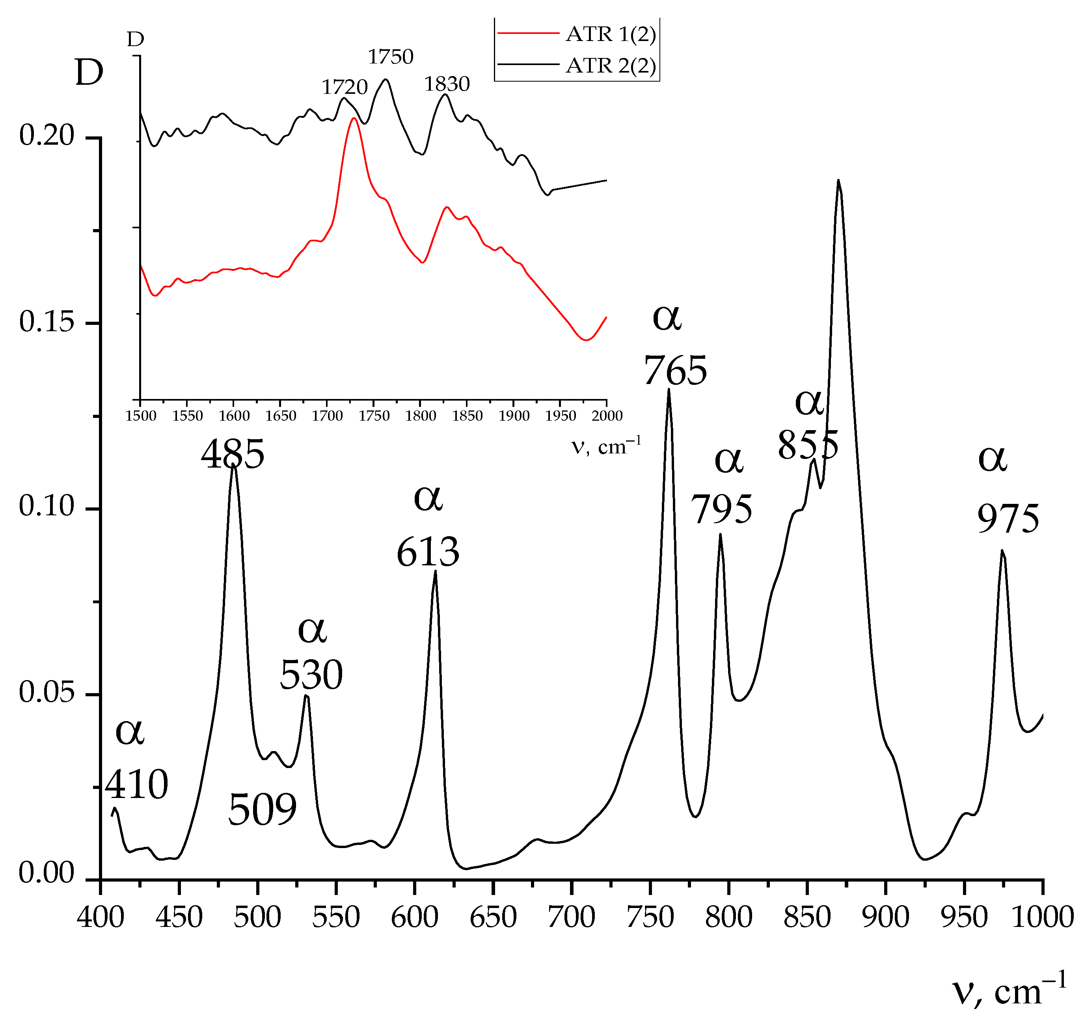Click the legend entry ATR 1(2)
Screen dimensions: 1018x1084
pyautogui.click(x=610, y=34)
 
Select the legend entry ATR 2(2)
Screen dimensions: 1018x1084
pyautogui.click(x=610, y=66)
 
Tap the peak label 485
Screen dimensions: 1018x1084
pyautogui.click(x=233, y=454)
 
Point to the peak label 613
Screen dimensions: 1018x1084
pyautogui.click(x=428, y=552)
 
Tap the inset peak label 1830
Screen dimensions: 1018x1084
pyautogui.click(x=447, y=84)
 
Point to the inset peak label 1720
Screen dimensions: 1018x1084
pyautogui.click(x=345, y=87)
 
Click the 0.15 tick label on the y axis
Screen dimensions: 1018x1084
pyautogui.click(x=47, y=322)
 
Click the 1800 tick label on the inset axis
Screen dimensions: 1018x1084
pyautogui.click(x=421, y=416)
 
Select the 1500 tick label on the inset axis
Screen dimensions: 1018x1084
pyautogui.click(x=141, y=416)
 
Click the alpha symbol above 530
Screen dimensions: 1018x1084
pyautogui.click(x=312, y=630)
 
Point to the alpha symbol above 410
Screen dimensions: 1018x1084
pyautogui.click(x=130, y=732)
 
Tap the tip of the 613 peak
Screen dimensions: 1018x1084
pyautogui.click(x=435, y=571)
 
